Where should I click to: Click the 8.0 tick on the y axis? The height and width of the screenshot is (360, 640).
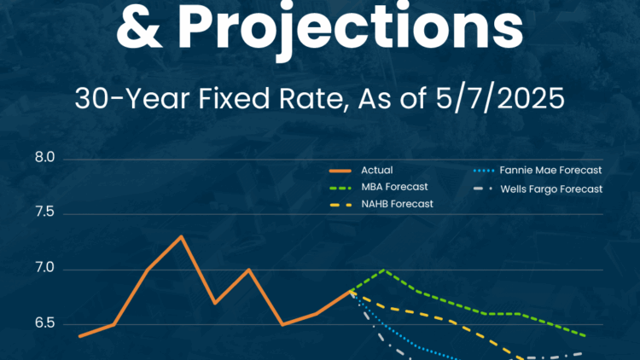click(45, 158)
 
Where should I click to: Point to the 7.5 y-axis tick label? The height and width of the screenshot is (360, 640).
click(45, 212)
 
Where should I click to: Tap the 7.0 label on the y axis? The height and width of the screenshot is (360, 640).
click(45, 268)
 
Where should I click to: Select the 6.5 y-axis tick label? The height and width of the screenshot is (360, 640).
click(45, 322)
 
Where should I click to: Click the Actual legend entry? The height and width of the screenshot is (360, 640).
click(361, 171)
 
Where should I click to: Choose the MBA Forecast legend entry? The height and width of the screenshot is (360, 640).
click(379, 187)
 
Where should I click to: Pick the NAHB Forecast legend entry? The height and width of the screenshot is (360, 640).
click(381, 204)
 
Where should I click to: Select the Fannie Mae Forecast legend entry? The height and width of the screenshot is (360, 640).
click(538, 171)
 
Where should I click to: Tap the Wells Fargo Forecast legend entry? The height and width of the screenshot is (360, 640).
click(538, 189)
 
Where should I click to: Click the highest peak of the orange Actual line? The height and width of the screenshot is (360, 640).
click(181, 236)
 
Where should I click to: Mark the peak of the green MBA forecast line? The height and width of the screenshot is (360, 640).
click(384, 270)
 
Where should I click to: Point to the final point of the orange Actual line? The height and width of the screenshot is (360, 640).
click(350, 291)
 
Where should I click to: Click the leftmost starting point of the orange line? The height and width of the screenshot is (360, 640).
click(80, 336)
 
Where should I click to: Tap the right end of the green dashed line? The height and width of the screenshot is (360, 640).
click(585, 336)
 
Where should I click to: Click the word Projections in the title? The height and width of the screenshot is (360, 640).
click(350, 26)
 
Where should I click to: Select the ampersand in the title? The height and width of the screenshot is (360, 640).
click(138, 25)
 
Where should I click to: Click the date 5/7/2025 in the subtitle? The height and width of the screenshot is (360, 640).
click(500, 98)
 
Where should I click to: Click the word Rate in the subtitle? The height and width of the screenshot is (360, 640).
click(312, 99)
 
